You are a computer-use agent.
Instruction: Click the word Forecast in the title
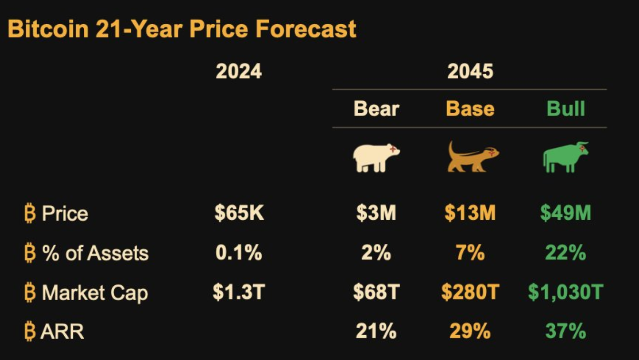click(306, 29)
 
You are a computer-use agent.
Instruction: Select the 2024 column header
click(239, 71)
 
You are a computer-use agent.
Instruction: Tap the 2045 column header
click(470, 71)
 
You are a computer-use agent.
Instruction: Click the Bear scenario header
click(376, 108)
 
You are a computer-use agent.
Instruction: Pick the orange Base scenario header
click(470, 108)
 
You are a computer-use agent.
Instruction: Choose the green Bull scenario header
click(566, 108)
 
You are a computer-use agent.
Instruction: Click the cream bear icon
click(376, 158)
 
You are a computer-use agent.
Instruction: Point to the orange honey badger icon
click(473, 156)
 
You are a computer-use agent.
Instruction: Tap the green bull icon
click(566, 157)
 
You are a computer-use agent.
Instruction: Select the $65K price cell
click(239, 213)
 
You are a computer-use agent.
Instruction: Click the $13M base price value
click(470, 213)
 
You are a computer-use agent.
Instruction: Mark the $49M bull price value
click(566, 213)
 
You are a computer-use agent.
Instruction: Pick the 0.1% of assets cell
click(239, 253)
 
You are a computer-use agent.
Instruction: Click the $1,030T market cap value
click(566, 292)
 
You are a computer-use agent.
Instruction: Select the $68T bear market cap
click(376, 292)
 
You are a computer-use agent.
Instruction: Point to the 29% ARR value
click(470, 331)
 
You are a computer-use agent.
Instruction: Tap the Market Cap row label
click(95, 293)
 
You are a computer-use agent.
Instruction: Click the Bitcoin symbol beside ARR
click(30, 331)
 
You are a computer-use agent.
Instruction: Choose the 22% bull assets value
click(566, 253)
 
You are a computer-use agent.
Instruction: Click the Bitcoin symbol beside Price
click(30, 213)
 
